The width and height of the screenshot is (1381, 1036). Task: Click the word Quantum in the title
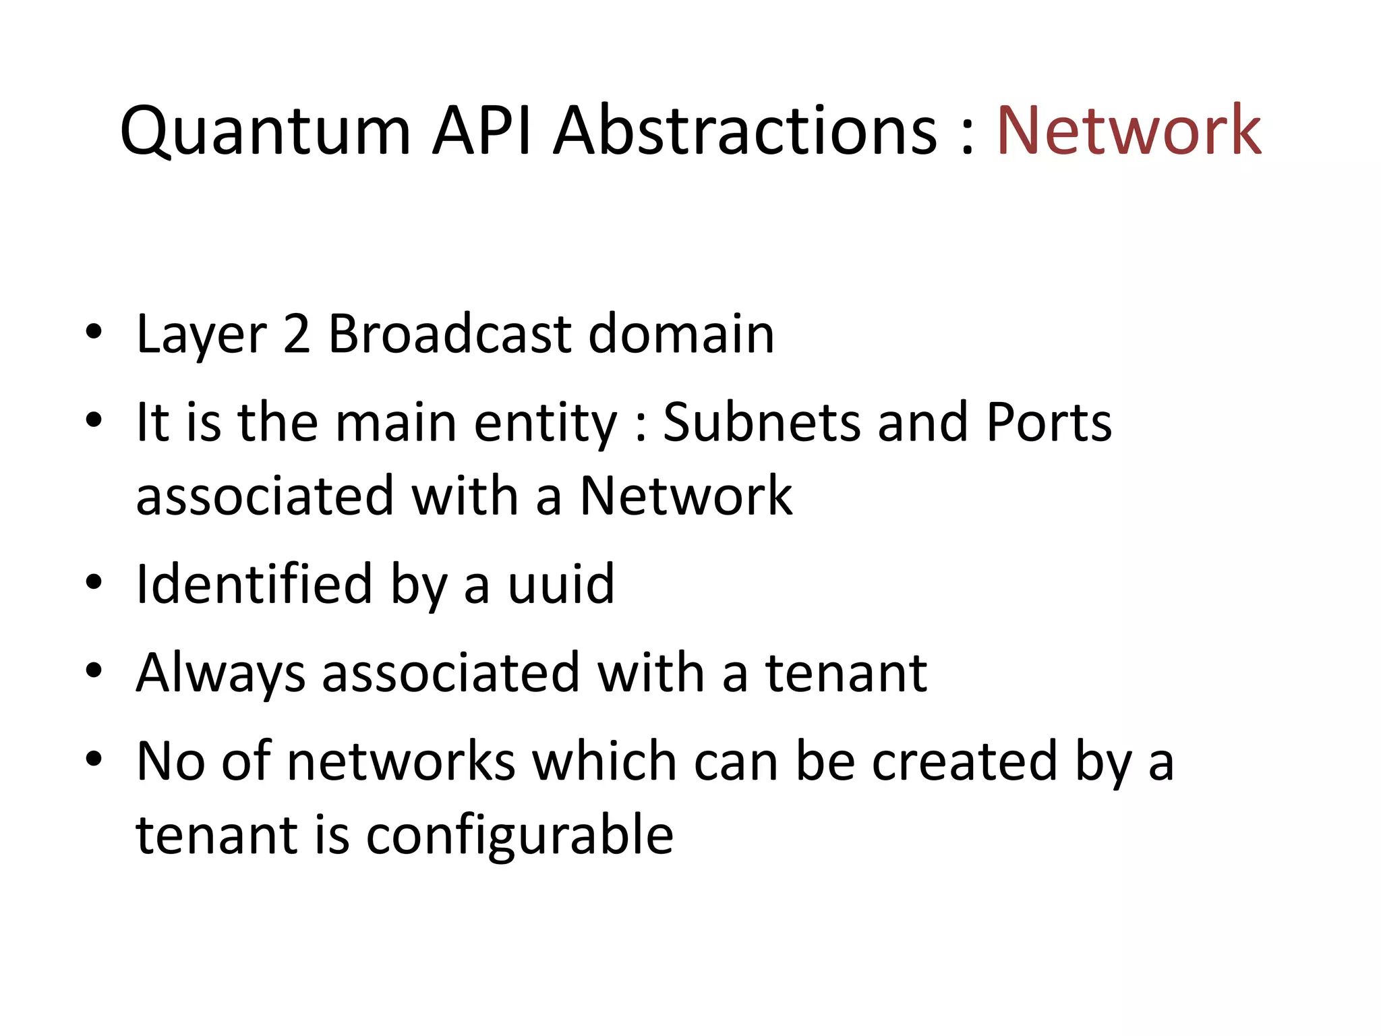click(265, 132)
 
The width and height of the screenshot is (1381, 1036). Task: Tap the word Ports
click(1049, 422)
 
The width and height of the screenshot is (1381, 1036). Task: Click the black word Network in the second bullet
click(686, 496)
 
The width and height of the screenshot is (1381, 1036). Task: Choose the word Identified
click(254, 584)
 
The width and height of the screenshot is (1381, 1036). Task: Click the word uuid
click(561, 584)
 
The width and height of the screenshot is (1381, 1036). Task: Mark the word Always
click(221, 673)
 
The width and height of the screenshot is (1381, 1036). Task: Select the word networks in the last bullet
click(401, 761)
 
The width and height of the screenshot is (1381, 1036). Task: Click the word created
click(964, 761)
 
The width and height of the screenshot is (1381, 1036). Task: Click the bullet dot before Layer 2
click(94, 332)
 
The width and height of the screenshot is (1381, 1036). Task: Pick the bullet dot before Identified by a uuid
click(94, 582)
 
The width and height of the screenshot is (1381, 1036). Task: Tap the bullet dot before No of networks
click(94, 759)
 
